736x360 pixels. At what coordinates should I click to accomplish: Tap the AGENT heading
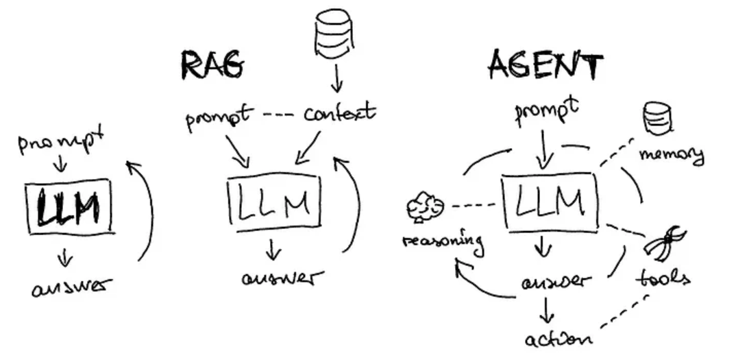coord(545,66)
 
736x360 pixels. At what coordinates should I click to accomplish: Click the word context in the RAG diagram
coord(339,112)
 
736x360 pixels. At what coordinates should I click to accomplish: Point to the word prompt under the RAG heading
coord(219,118)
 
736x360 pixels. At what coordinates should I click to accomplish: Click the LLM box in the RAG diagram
coord(273,200)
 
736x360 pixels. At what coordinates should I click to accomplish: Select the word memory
coord(672,154)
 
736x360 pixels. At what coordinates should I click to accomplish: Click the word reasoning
coord(442,241)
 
